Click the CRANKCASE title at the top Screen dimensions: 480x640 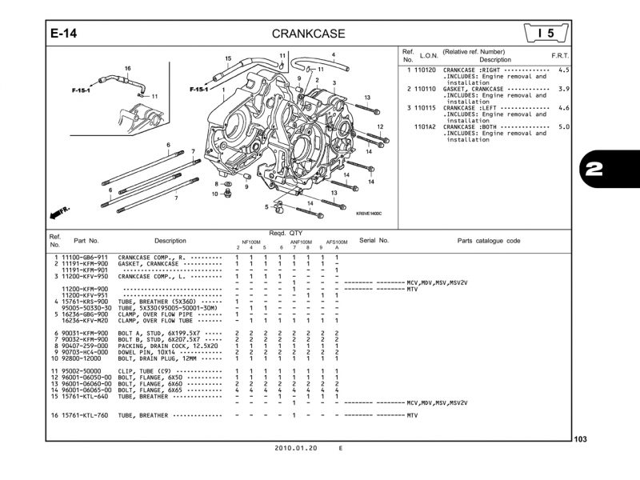point(308,34)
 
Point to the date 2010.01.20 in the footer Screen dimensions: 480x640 point(296,449)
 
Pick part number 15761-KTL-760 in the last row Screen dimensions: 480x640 point(83,415)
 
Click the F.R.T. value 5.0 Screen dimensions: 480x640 point(563,126)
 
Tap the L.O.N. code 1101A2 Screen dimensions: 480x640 point(425,126)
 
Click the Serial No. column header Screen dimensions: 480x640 point(374,240)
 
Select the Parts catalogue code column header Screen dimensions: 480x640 point(488,240)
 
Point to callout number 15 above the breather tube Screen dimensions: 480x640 point(228,58)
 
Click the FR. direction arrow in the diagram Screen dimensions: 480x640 point(58,212)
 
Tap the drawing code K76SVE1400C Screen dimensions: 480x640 point(369,214)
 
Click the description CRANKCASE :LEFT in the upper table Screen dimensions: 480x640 point(471,107)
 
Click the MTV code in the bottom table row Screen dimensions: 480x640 point(412,415)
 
